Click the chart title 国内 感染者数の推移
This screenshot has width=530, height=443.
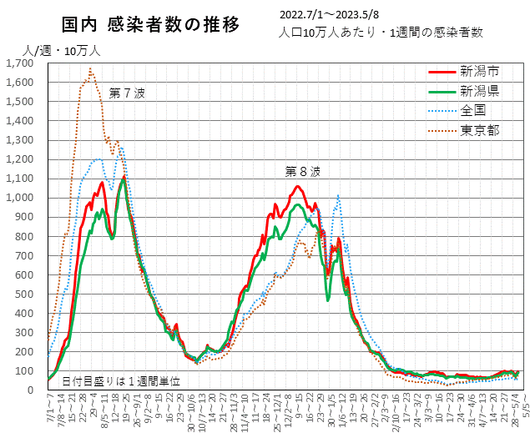pyautogui.click(x=150, y=25)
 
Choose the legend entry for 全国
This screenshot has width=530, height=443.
pyautogui.click(x=472, y=110)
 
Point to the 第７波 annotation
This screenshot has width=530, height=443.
pyautogui.click(x=127, y=93)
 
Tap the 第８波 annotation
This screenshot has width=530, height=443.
pyautogui.click(x=302, y=172)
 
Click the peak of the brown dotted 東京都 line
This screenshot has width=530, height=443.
pyautogui.click(x=90, y=68)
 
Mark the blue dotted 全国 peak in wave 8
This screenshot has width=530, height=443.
pyautogui.click(x=338, y=195)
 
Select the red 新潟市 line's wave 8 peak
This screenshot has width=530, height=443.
pyautogui.click(x=295, y=186)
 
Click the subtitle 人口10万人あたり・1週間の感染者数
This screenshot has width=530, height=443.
pyautogui.click(x=382, y=33)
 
